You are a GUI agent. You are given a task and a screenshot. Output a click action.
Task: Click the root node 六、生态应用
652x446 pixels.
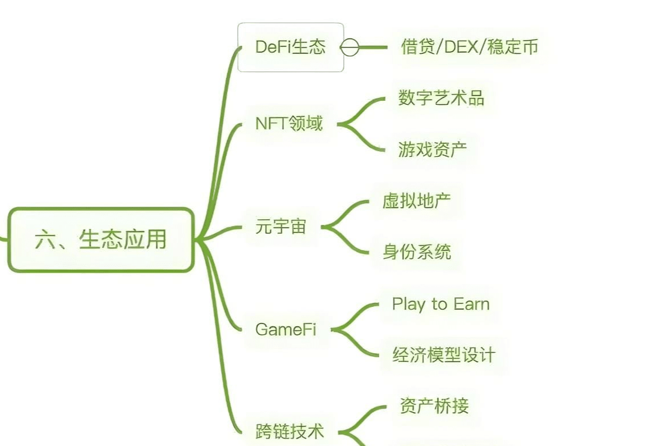[101, 240]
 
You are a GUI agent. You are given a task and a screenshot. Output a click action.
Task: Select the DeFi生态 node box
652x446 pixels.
[290, 48]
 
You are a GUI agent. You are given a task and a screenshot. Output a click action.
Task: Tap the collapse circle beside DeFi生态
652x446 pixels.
[349, 48]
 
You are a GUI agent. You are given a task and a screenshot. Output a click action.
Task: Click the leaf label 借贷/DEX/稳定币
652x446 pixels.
[469, 46]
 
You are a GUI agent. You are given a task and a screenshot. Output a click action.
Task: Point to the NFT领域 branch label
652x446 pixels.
[289, 124]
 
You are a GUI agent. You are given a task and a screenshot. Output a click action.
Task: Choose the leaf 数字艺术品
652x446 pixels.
[441, 98]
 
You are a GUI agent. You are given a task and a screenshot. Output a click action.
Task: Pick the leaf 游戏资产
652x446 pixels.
[433, 149]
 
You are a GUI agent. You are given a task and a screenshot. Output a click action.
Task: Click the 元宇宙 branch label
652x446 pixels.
[281, 227]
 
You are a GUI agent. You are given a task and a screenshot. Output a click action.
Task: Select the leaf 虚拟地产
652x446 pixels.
[417, 201]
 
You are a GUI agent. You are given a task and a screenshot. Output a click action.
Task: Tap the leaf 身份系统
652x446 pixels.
[417, 252]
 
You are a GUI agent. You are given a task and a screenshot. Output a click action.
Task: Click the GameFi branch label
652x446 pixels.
[286, 329]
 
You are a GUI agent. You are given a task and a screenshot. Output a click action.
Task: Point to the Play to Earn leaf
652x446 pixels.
[441, 304]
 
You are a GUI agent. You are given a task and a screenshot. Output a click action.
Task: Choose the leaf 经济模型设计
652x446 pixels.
[443, 355]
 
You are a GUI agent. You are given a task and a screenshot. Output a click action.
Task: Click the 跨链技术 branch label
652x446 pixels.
[289, 432]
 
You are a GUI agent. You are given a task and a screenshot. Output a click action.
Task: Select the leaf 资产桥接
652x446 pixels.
[434, 406]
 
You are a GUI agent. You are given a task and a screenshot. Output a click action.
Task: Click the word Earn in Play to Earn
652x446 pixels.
[472, 303]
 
